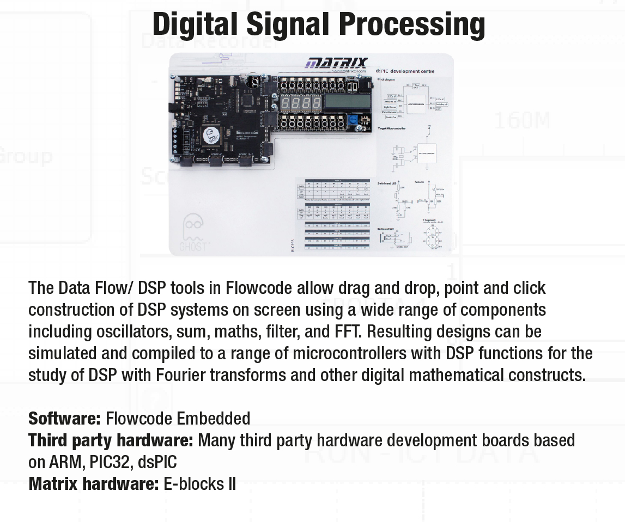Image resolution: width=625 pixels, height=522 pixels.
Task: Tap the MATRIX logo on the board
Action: coord(337,64)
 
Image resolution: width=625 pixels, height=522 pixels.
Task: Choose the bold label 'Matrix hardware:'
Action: coord(93,484)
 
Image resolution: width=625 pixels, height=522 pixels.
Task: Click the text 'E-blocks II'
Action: coord(199,484)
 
